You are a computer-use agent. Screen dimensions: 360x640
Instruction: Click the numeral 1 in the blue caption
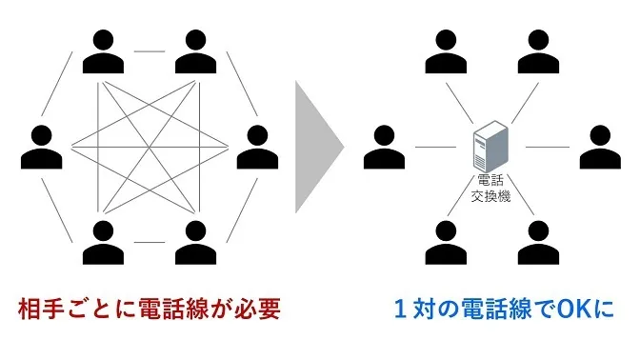pos(401,310)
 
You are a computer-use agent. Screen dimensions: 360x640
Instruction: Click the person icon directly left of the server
pos(383,147)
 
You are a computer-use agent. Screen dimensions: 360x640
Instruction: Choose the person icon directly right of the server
pos(599,147)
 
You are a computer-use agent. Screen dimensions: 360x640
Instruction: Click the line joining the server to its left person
pos(435,148)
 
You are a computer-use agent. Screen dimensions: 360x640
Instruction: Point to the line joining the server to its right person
pos(546,148)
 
